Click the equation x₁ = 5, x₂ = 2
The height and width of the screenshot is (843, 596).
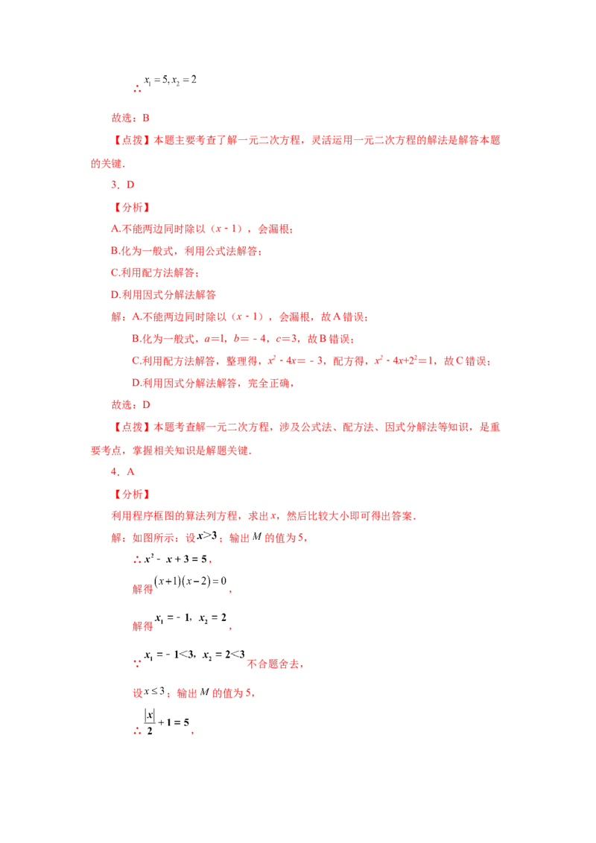(x=170, y=80)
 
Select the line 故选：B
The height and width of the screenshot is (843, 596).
(x=130, y=118)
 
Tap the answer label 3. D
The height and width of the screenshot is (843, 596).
(x=123, y=185)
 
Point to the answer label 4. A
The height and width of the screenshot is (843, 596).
(x=123, y=472)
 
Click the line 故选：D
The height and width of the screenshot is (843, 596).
(x=130, y=405)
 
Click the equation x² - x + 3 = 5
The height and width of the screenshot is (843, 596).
(x=175, y=559)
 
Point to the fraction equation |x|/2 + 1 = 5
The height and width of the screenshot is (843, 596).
(x=166, y=722)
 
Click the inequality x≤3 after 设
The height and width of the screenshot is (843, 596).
(x=153, y=692)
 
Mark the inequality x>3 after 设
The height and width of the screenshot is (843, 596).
(x=206, y=536)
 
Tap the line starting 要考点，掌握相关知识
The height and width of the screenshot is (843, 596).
(x=171, y=451)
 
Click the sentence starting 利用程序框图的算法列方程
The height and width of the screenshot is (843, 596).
(x=264, y=516)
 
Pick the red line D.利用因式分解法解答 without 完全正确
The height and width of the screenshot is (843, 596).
(x=163, y=295)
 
